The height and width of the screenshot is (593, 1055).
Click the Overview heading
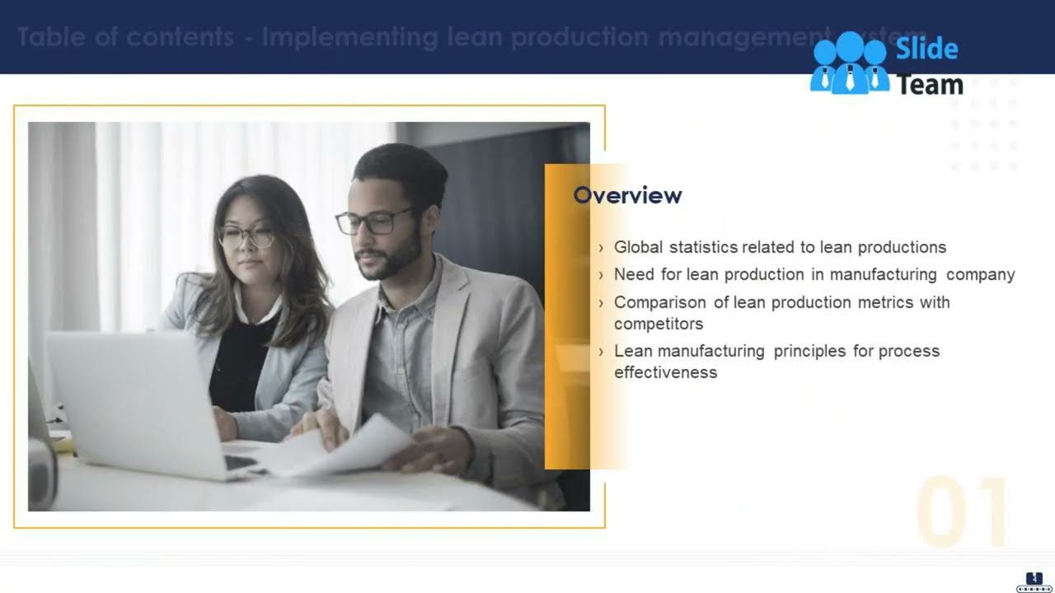pos(627,195)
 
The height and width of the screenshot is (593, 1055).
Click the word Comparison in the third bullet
pos(660,302)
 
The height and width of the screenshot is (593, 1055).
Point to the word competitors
pos(659,324)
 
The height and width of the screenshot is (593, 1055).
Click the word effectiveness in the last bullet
pos(666,372)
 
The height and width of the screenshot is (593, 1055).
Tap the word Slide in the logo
pos(926,49)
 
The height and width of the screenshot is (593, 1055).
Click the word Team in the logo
pos(930,84)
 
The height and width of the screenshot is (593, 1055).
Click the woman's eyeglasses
pos(246,237)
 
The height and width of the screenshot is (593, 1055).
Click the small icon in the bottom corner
pos(1034,581)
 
